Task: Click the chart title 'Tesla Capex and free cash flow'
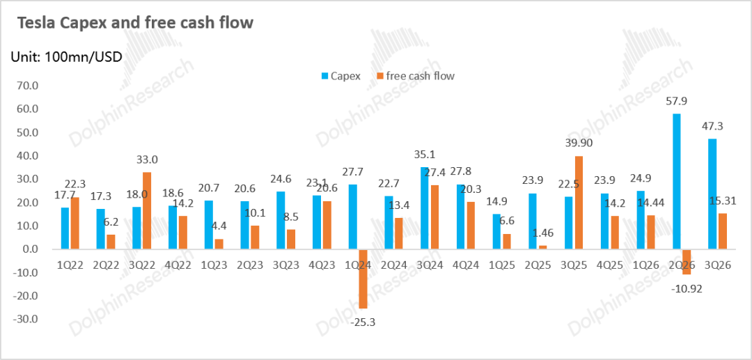pyautogui.click(x=135, y=23)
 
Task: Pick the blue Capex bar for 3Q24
pyautogui.click(x=425, y=208)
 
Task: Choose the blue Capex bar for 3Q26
pyautogui.click(x=712, y=194)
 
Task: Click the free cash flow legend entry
pyautogui.click(x=415, y=76)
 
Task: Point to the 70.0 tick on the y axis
pyautogui.click(x=27, y=86)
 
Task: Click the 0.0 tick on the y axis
pyautogui.click(x=30, y=249)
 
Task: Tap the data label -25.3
pyautogui.click(x=362, y=322)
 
